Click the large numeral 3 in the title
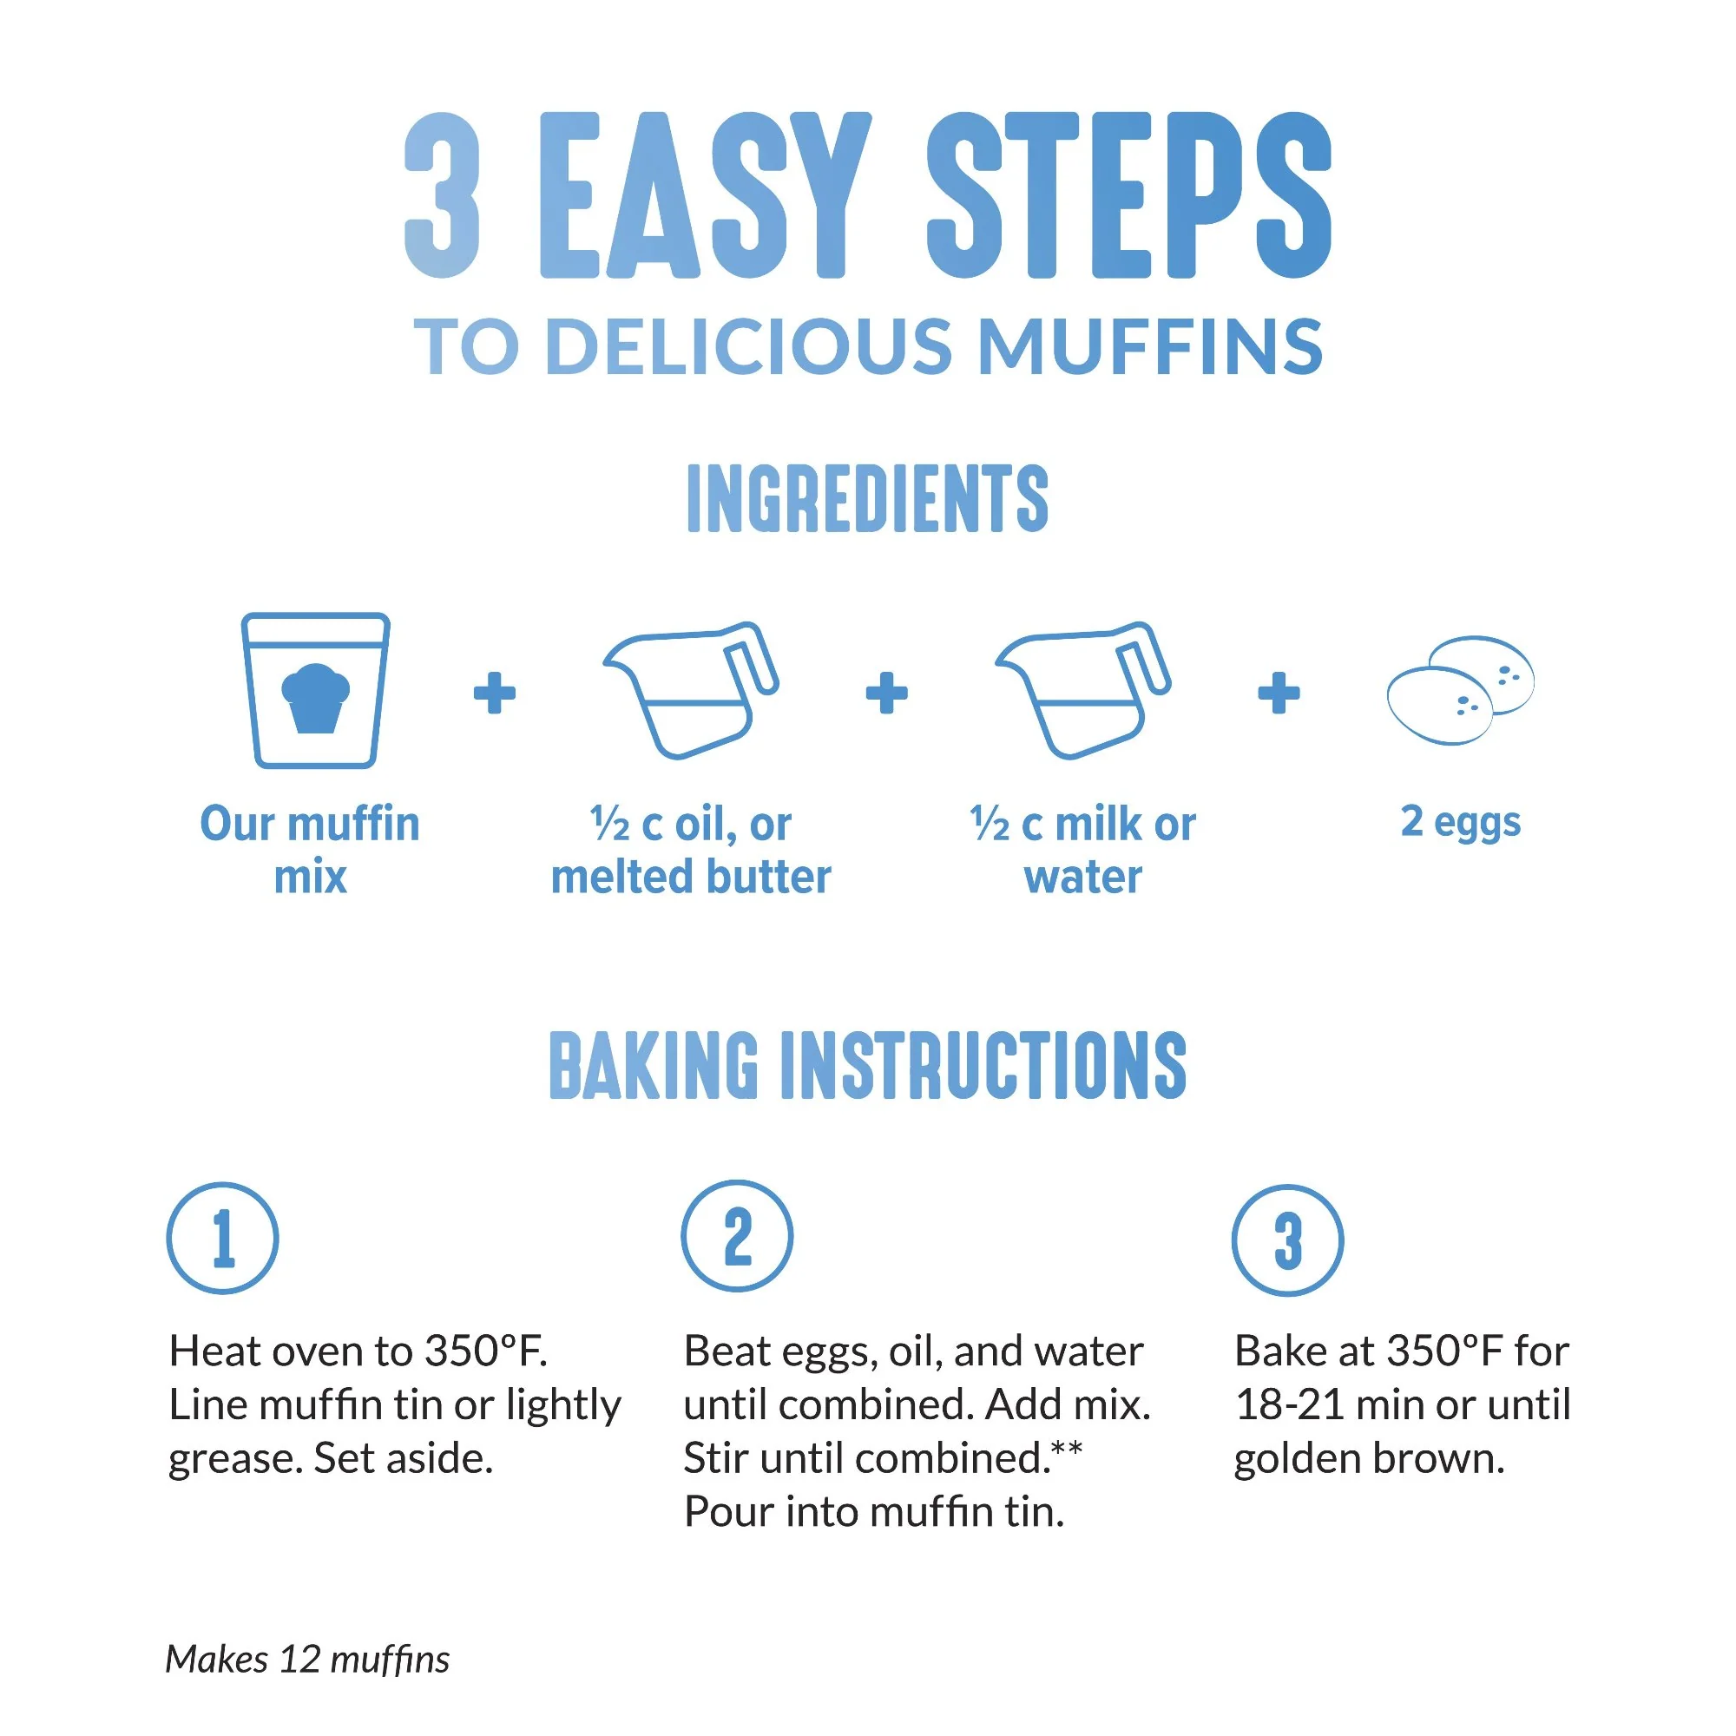click(x=442, y=195)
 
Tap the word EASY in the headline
click(x=704, y=195)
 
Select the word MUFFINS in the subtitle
click(x=1149, y=347)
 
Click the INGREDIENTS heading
click(x=867, y=499)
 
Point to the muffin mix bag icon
click(x=315, y=690)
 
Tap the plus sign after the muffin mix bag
click(x=494, y=693)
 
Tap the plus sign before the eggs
click(x=1278, y=693)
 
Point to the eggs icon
click(x=1459, y=690)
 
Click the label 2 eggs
click(x=1460, y=821)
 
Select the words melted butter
click(x=690, y=877)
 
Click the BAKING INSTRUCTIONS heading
click(x=867, y=1067)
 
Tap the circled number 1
click(x=223, y=1239)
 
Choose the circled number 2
click(x=737, y=1236)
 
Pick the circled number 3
click(x=1286, y=1240)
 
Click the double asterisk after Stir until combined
click(x=1068, y=1449)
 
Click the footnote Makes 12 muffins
click(x=307, y=1660)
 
